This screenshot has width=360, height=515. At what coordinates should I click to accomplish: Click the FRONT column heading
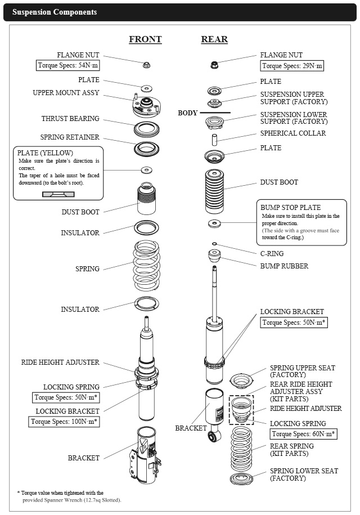[145, 39]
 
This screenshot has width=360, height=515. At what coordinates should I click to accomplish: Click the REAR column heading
[214, 39]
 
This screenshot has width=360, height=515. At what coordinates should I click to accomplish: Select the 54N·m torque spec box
[68, 65]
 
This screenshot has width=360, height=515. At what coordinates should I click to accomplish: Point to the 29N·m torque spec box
[292, 66]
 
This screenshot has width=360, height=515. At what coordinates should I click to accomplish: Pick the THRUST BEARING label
[70, 119]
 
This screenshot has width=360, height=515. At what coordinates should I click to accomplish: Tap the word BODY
[188, 113]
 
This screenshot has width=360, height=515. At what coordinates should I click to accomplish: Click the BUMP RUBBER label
[284, 266]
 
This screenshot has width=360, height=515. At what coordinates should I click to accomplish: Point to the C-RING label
[272, 254]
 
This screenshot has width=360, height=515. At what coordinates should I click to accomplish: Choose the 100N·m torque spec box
[64, 421]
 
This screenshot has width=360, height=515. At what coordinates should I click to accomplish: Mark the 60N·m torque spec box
[304, 434]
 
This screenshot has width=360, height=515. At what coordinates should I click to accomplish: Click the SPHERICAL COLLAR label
[293, 133]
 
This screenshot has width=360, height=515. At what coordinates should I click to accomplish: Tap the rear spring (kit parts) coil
[242, 450]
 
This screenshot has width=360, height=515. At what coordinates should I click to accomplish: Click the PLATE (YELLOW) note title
[45, 153]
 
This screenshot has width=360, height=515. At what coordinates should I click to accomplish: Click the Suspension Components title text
[55, 12]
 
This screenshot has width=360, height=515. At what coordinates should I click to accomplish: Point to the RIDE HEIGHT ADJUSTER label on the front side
[60, 362]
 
